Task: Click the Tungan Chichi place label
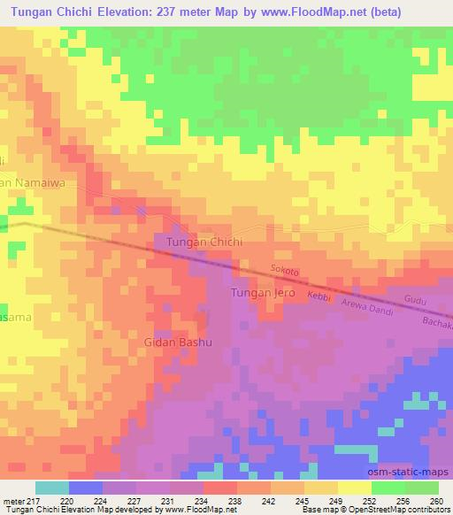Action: [x=198, y=241]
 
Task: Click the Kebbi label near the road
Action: [x=319, y=295]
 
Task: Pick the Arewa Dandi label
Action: [x=365, y=306]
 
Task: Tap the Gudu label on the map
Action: [x=415, y=301]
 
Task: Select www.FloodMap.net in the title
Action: [x=334, y=12]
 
